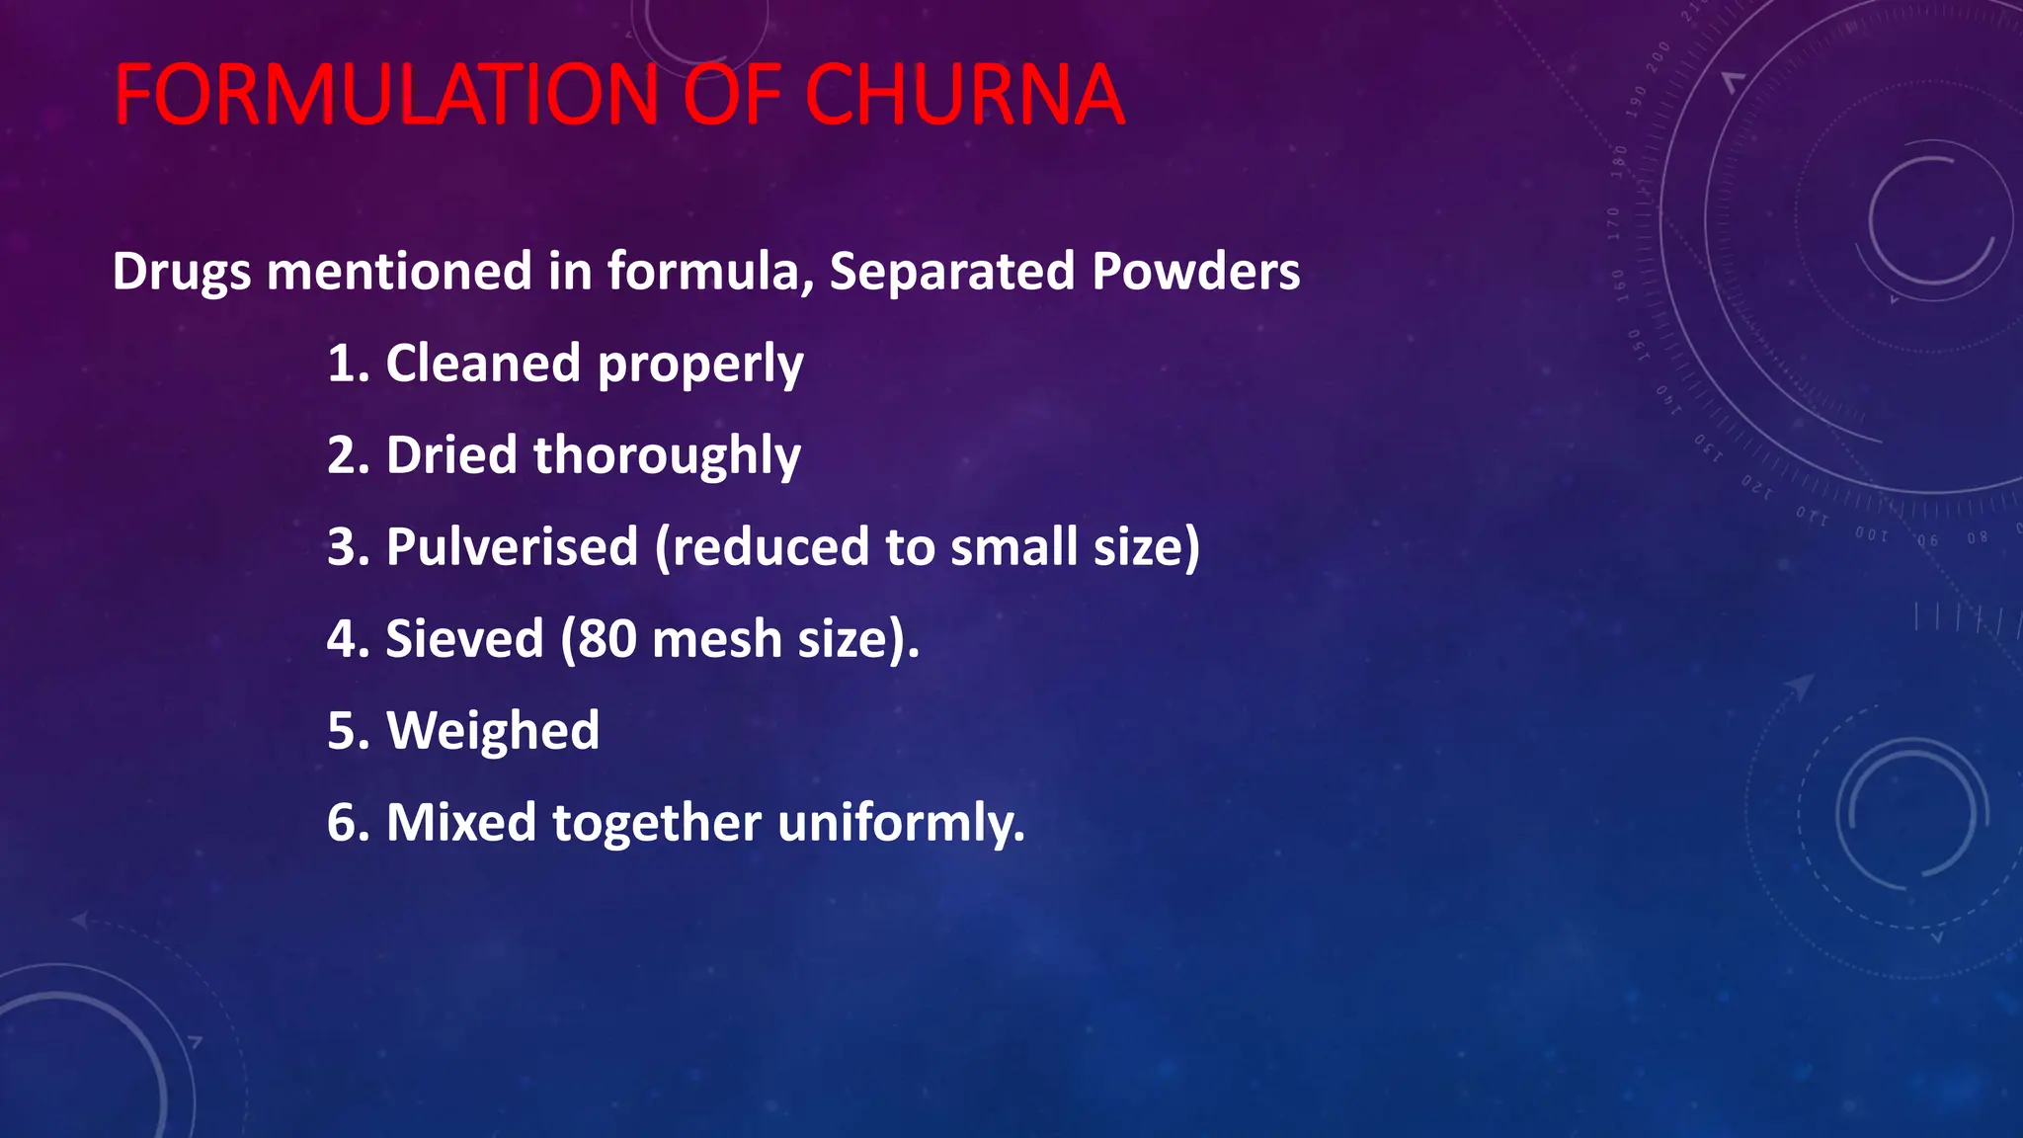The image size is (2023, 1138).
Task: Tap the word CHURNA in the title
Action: pyautogui.click(x=964, y=96)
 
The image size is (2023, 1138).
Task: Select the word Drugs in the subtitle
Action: pyautogui.click(x=182, y=271)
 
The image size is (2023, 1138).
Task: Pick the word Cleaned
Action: pyautogui.click(x=483, y=364)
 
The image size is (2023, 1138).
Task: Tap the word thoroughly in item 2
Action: pyautogui.click(x=667, y=456)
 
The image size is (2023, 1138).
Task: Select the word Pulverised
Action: pyautogui.click(x=512, y=547)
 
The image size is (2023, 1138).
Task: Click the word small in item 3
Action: pyautogui.click(x=1013, y=547)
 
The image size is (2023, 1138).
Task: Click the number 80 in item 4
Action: pyautogui.click(x=607, y=639)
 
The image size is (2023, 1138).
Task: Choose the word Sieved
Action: pyautogui.click(x=464, y=639)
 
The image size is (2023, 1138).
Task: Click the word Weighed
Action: pyautogui.click(x=492, y=731)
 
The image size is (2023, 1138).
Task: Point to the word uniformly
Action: pyautogui.click(x=901, y=823)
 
